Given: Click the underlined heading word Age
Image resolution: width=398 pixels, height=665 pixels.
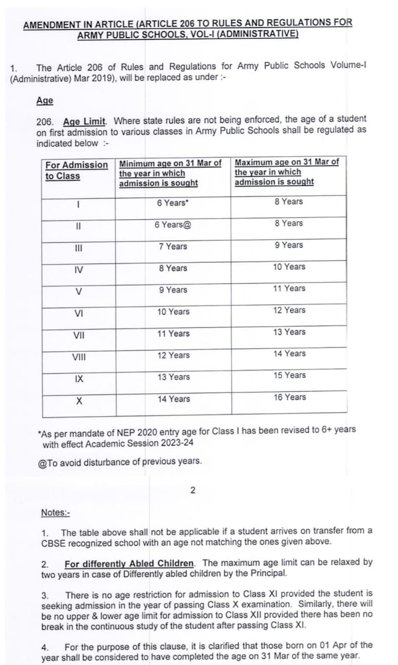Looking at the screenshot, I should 45,101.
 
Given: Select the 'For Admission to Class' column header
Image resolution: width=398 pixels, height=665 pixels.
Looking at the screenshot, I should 76,170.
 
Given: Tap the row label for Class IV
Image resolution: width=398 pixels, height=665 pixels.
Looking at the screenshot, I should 78,269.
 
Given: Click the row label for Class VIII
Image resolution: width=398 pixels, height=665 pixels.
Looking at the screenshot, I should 79,356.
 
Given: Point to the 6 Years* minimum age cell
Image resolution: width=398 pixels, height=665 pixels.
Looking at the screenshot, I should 173,203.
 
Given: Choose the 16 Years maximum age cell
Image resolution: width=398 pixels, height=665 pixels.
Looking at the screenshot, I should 290,397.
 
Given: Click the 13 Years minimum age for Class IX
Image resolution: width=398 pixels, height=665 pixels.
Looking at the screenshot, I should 174,377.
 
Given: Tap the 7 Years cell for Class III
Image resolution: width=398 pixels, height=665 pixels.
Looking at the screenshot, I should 173,246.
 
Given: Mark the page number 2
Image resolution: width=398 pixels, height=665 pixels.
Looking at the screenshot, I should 193,490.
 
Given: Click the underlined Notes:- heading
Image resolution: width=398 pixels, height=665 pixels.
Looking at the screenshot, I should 56,513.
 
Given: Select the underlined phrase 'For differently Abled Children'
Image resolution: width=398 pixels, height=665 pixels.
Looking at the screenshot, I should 129,563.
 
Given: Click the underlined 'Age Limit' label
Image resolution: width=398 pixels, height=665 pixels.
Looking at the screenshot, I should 85,122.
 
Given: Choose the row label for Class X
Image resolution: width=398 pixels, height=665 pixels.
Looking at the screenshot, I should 79,400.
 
